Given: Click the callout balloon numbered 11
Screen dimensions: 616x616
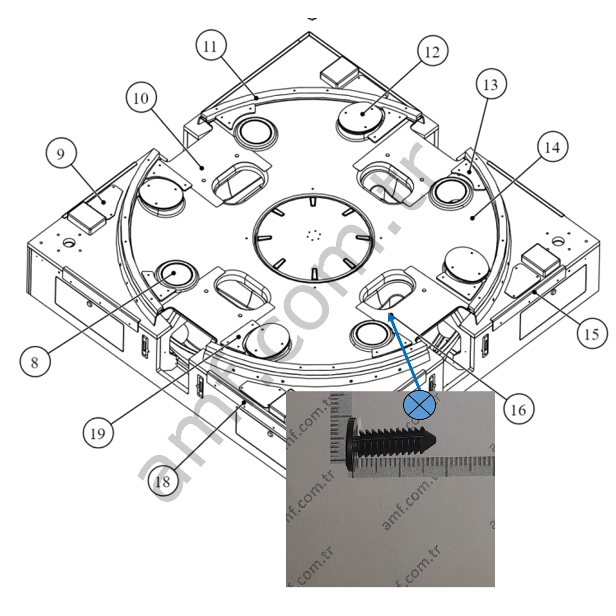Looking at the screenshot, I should point(210,47).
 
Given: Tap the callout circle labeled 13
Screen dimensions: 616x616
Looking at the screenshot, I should point(491,85).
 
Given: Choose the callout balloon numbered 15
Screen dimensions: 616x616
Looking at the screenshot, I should point(592,335).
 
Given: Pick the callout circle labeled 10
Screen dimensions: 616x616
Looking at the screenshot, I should point(141,98).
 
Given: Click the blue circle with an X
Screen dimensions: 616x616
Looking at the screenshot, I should point(419,406).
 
